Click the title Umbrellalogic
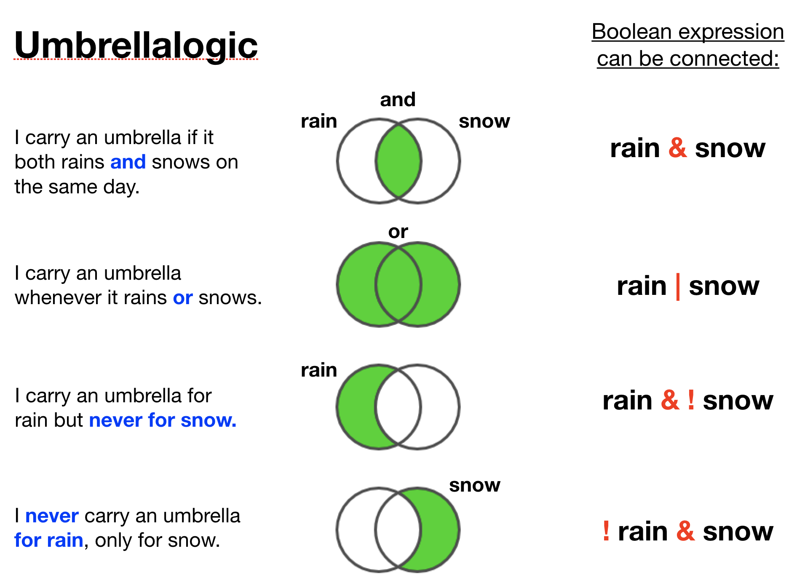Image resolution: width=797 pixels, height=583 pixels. [x=136, y=45]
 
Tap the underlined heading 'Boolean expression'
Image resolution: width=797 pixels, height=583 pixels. [x=688, y=32]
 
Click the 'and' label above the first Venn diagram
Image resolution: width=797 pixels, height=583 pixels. [x=398, y=100]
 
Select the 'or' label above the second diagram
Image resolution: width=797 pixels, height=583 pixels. [x=398, y=232]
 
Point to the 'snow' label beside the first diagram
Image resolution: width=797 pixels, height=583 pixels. [x=484, y=121]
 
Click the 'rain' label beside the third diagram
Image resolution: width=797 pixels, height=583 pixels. [x=319, y=370]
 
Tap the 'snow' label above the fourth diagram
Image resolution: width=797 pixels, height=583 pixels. [x=475, y=485]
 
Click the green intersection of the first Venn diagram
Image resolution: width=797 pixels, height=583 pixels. [x=398, y=161]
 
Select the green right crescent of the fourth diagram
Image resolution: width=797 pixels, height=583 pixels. [x=440, y=530]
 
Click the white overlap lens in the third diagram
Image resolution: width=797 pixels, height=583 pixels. [x=398, y=407]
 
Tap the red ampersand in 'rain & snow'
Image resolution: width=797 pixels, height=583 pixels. [x=677, y=148]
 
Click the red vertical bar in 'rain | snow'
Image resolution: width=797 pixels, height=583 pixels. [x=678, y=287]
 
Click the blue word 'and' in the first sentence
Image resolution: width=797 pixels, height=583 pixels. [x=128, y=162]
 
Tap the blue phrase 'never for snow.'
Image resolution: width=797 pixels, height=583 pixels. [x=163, y=420]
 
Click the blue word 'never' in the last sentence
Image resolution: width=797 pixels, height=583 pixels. [x=52, y=516]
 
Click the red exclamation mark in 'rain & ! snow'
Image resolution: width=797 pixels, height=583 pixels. [x=691, y=400]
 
